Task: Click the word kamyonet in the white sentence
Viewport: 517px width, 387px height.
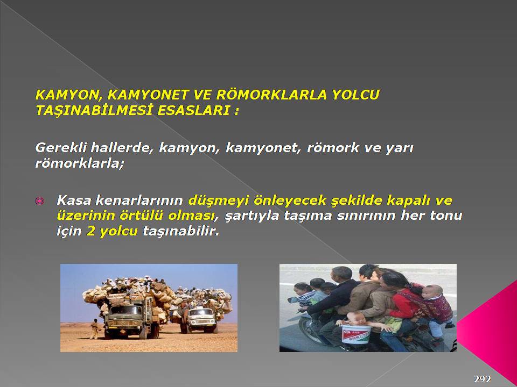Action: click(x=263, y=148)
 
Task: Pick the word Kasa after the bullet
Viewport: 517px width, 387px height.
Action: click(x=74, y=200)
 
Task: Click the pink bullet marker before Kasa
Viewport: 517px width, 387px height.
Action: click(x=39, y=200)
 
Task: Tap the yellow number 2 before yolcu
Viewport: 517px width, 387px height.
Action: click(x=90, y=231)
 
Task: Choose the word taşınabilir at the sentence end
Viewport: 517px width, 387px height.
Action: click(x=181, y=231)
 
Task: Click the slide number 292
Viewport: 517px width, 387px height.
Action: click(x=483, y=379)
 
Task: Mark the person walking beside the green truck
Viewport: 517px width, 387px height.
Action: click(x=95, y=329)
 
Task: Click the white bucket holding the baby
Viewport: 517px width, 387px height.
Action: click(x=356, y=334)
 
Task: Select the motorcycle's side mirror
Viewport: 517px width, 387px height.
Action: click(x=293, y=300)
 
